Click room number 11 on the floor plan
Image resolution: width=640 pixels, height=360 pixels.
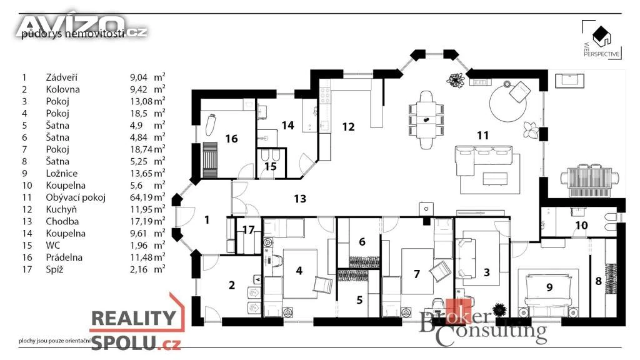pyautogui.click(x=482, y=134)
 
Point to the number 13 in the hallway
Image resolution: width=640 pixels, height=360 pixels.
pyautogui.click(x=300, y=199)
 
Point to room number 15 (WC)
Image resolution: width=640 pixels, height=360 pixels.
pyautogui.click(x=270, y=166)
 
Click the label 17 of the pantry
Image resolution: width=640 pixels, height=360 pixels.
pyautogui.click(x=248, y=230)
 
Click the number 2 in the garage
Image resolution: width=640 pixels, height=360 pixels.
pyautogui.click(x=232, y=286)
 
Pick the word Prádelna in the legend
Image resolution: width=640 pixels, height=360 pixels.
pyautogui.click(x=64, y=257)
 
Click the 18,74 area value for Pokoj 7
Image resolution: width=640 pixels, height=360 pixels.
pyautogui.click(x=141, y=149)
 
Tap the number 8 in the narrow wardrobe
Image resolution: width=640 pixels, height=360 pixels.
pyautogui.click(x=598, y=281)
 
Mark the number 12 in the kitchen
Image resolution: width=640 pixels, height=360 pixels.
pyautogui.click(x=348, y=127)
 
